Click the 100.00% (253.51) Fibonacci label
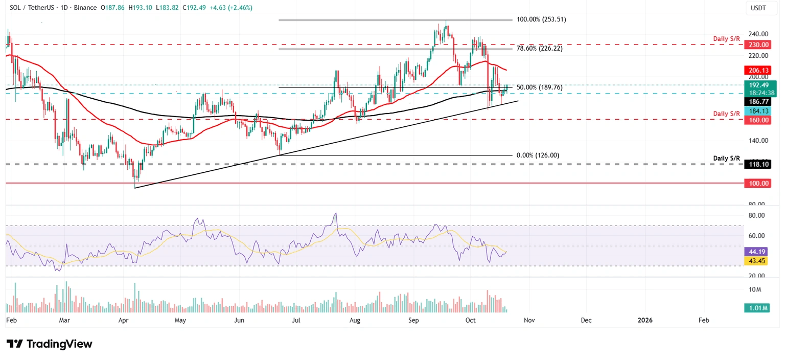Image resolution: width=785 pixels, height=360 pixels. click(541, 19)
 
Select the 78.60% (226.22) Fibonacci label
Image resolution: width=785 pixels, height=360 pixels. click(539, 48)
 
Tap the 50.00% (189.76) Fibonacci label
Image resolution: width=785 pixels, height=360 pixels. click(539, 87)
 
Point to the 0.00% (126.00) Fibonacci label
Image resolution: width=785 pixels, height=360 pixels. click(538, 155)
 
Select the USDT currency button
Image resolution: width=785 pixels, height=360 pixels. click(757, 8)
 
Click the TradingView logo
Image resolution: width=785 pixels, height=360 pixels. click(50, 344)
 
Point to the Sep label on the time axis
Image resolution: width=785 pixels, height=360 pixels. click(413, 321)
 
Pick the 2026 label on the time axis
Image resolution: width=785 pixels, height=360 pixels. click(645, 321)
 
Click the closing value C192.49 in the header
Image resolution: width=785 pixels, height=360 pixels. click(193, 8)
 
